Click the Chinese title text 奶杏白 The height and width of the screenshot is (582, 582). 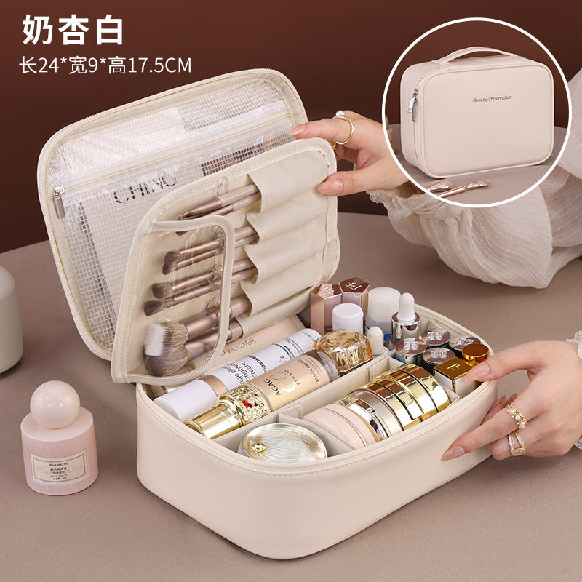tap(73, 30)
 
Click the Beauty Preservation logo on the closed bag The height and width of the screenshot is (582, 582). tap(492, 98)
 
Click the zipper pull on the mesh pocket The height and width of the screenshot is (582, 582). tap(59, 202)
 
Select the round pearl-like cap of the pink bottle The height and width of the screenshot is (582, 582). tap(55, 404)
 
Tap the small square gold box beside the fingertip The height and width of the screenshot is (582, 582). tap(453, 373)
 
